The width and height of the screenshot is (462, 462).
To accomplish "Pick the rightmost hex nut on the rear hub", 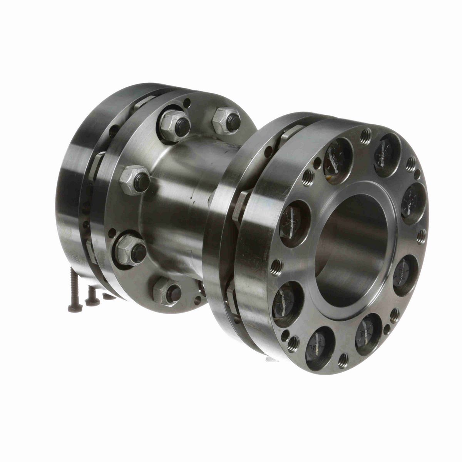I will pyautogui.click(x=227, y=120).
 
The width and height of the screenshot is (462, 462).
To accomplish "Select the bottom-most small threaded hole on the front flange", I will pyautogui.click(x=343, y=360).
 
